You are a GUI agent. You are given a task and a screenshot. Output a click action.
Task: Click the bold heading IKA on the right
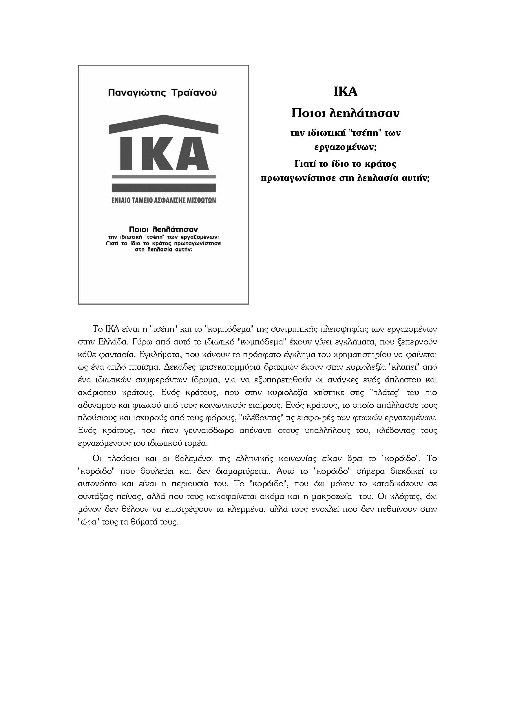(x=345, y=92)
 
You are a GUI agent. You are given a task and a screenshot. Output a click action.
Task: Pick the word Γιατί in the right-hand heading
(x=304, y=164)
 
